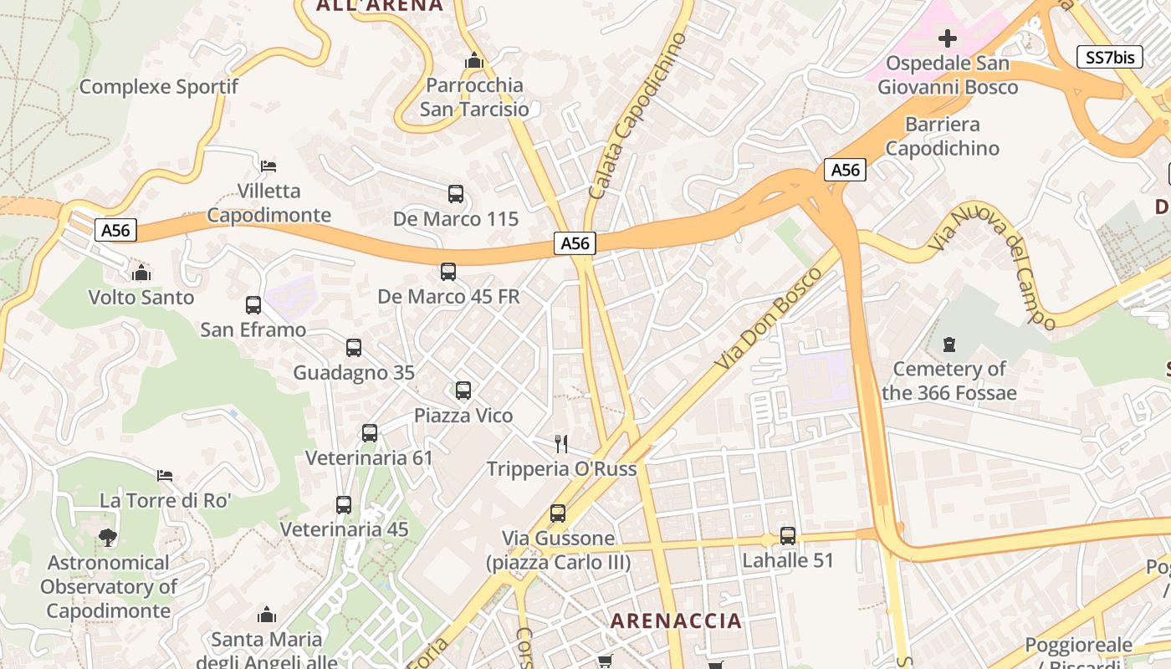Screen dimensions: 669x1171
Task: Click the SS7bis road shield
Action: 1109,57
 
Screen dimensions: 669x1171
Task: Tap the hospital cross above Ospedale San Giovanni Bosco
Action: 948,38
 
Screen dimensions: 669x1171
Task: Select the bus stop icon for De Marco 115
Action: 456,194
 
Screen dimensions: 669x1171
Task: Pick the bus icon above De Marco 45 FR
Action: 448,272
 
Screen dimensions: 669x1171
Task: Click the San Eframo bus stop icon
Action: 253,305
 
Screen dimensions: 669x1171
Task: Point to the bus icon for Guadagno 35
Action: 354,348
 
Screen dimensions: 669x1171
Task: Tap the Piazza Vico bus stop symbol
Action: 463,391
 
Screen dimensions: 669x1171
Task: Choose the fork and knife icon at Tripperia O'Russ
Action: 561,443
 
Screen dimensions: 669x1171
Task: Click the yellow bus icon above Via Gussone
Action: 558,513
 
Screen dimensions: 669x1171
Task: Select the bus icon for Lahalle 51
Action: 788,536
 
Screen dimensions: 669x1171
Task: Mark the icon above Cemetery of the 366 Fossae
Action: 949,344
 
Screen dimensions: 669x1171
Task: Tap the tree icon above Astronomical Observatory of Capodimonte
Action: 107,538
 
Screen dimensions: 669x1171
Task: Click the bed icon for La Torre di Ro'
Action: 165,476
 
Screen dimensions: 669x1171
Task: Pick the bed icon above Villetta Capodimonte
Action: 268,166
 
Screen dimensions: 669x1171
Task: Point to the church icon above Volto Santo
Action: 141,273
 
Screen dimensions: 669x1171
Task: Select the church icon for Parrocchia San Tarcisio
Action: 474,61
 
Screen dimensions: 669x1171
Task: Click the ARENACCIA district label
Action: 676,620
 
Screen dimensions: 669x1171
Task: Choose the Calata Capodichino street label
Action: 637,115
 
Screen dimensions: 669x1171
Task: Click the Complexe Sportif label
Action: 159,86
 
